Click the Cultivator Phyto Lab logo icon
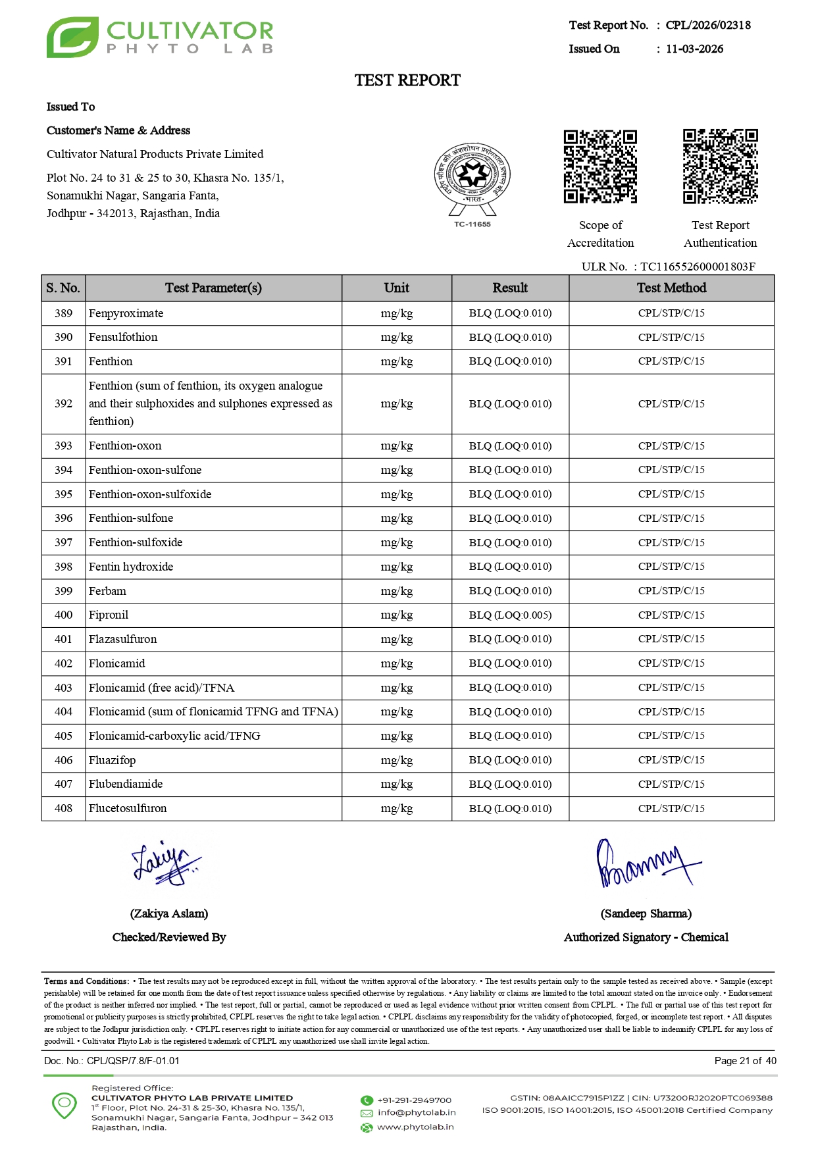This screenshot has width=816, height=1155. click(72, 37)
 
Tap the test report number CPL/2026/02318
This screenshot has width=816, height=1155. click(707, 25)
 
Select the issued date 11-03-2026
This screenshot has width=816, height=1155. click(694, 49)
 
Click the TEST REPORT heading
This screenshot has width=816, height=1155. click(407, 80)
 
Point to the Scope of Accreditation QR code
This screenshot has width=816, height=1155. click(600, 167)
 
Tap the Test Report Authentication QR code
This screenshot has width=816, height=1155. click(720, 167)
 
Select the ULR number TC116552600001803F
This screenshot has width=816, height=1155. click(698, 267)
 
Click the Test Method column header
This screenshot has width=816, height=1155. click(671, 288)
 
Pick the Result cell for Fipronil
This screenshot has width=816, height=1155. click(510, 615)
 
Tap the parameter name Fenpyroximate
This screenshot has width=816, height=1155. click(126, 313)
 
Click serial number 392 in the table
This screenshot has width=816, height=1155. click(63, 403)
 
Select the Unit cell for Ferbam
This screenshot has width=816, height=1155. click(396, 591)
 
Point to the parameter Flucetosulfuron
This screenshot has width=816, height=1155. click(128, 808)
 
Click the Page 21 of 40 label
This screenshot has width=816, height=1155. click(745, 1060)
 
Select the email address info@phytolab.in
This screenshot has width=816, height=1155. click(416, 1112)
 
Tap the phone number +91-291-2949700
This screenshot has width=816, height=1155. click(414, 1100)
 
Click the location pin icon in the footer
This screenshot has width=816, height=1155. click(64, 1105)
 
